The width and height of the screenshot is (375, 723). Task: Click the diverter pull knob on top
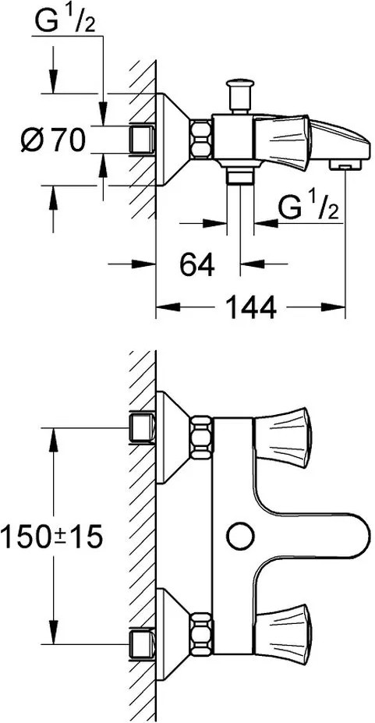pyautogui.click(x=239, y=96)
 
